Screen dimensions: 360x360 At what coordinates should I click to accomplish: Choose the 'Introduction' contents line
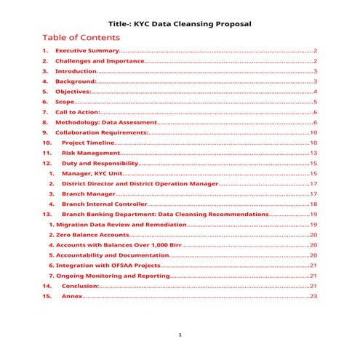76,72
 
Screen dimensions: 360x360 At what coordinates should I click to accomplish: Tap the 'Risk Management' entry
90,154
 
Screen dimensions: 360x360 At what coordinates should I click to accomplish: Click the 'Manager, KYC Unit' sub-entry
91,175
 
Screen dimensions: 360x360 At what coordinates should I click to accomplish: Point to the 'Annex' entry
72,297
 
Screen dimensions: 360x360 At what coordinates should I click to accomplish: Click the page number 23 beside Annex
313,297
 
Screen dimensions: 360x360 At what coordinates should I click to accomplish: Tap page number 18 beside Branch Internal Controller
313,205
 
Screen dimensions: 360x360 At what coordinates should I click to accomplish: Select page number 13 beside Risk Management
313,154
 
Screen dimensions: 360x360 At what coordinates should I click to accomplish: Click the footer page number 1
180,336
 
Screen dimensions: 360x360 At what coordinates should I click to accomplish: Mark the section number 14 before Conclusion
47,287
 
